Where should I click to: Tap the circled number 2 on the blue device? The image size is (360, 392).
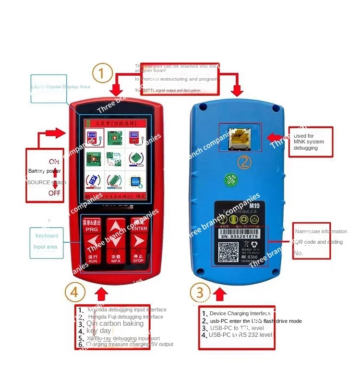[244, 163]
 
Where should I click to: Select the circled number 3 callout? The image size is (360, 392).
[200, 292]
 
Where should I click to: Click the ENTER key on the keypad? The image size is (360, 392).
[139, 226]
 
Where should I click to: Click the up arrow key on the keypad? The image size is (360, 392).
[116, 226]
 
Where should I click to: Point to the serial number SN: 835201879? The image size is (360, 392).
[239, 236]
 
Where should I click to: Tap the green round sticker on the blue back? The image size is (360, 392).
[230, 180]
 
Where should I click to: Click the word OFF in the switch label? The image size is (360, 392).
[54, 193]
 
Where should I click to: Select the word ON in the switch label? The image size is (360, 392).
[54, 162]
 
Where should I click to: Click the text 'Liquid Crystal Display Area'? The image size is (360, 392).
[60, 87]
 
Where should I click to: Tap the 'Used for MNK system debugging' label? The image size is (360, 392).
[309, 142]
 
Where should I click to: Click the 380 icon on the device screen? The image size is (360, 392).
[135, 135]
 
